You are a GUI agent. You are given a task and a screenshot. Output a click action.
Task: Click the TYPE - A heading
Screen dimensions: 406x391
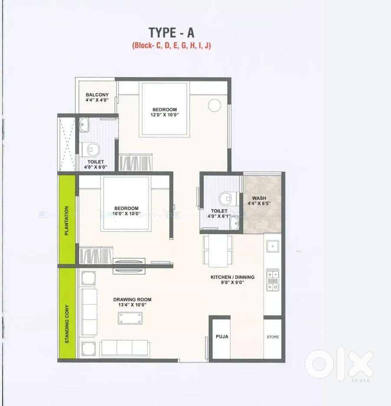pyautogui.click(x=172, y=33)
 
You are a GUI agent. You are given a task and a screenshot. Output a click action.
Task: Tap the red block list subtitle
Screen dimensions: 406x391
pyautogui.click(x=172, y=46)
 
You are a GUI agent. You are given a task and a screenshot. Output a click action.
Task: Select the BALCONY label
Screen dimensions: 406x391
pyautogui.click(x=97, y=95)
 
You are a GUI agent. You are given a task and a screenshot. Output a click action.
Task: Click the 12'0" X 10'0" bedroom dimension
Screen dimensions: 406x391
pyautogui.click(x=165, y=115)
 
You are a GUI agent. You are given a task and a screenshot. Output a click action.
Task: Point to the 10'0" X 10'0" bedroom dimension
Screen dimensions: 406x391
pyautogui.click(x=127, y=214)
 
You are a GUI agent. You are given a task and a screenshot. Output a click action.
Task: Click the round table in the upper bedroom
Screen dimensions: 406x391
pyautogui.click(x=214, y=105)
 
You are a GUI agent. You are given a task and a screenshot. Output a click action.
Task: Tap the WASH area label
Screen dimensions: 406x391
pyautogui.click(x=259, y=198)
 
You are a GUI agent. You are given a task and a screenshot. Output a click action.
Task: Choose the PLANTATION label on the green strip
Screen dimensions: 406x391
pyautogui.click(x=67, y=221)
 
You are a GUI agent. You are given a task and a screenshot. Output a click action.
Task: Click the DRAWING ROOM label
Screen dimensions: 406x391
pyautogui.click(x=132, y=299)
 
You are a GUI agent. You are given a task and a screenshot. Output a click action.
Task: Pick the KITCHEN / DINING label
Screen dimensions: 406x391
pyautogui.click(x=232, y=277)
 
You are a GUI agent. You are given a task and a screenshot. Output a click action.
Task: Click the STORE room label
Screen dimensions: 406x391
pyautogui.click(x=273, y=337)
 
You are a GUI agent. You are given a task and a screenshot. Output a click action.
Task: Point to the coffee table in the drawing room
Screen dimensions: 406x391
pyautogui.click(x=130, y=318)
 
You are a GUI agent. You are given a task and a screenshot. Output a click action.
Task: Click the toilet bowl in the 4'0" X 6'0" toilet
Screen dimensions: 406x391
pyautogui.click(x=92, y=150)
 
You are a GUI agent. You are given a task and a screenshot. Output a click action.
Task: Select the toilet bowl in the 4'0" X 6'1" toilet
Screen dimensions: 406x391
pyautogui.click(x=226, y=199)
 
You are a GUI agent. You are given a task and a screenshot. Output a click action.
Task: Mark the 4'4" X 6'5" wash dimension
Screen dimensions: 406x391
pyautogui.click(x=259, y=203)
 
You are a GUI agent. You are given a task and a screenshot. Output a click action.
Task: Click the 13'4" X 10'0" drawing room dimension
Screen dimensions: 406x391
pyautogui.click(x=132, y=305)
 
